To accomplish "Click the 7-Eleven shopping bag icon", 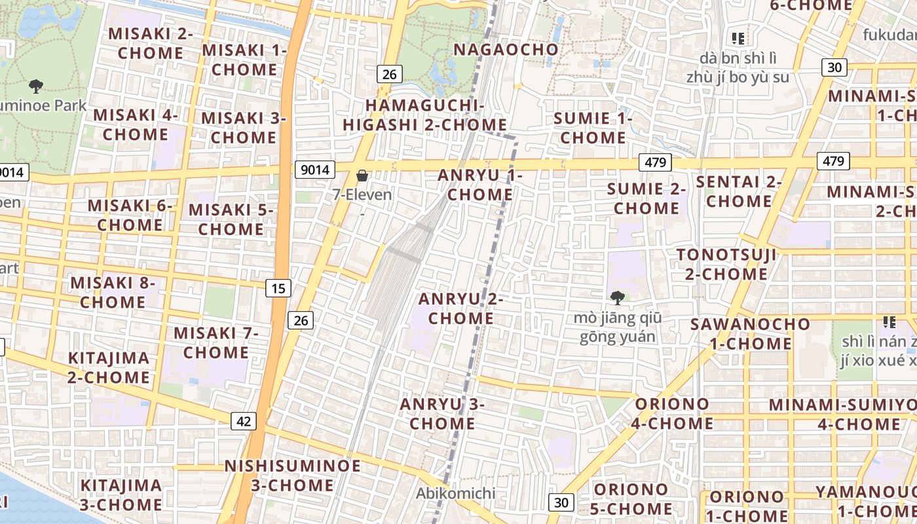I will [362, 176].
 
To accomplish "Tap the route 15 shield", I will [278, 288].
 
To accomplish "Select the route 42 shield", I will [244, 421].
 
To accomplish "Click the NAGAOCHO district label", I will [506, 50].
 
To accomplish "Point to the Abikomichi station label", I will [456, 493].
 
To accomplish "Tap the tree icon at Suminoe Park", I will [37, 86].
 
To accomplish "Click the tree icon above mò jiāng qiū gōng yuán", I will [617, 298].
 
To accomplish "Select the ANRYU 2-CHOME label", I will [460, 309].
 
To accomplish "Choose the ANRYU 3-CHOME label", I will [442, 414].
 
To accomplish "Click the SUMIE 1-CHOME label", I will [593, 128].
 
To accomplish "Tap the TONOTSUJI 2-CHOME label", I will [726, 264].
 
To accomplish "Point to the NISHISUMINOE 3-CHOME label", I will [292, 476].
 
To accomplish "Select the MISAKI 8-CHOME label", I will [113, 293].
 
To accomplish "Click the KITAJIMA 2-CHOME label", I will [109, 368].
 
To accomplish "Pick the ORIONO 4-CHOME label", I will [672, 413].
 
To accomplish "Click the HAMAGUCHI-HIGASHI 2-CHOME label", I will [424, 115].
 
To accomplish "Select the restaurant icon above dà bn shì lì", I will [738, 39].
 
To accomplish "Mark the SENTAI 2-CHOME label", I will [739, 191].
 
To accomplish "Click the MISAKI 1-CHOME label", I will [244, 60].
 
